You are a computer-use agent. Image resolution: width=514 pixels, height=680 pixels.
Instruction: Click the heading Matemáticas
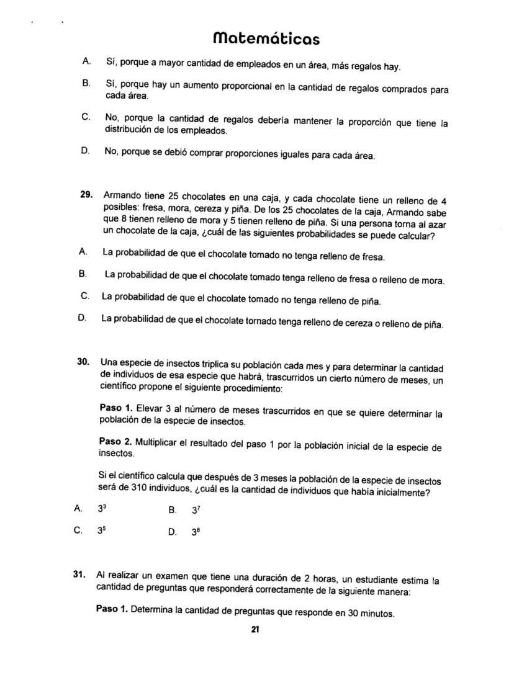click(x=266, y=38)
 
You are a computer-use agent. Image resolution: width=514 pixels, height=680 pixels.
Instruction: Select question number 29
click(x=86, y=195)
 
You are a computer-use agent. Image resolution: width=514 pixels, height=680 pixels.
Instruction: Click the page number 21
click(x=255, y=630)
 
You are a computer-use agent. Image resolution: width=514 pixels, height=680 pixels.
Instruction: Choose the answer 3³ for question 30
click(x=102, y=509)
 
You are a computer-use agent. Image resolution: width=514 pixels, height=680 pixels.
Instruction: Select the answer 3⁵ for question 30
click(x=102, y=531)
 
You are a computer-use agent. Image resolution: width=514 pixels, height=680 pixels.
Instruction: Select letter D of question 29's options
click(x=81, y=318)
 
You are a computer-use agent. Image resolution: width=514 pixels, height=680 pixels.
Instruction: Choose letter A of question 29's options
click(x=82, y=252)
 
